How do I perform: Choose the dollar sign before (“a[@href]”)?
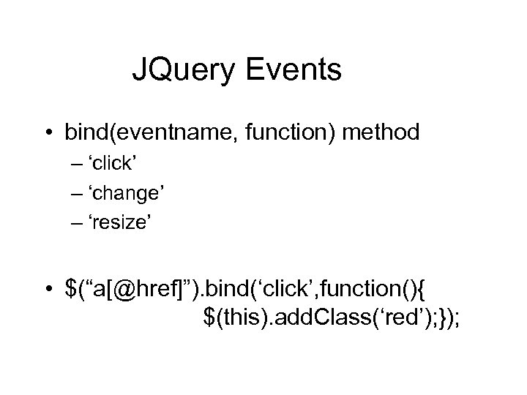pyautogui.click(x=70, y=291)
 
